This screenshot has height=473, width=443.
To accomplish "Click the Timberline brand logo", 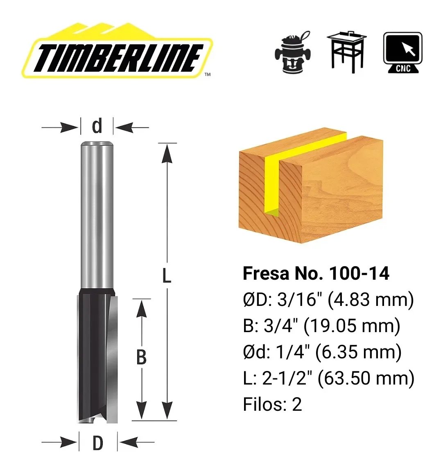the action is (x=117, y=50).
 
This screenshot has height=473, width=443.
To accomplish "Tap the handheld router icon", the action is (x=292, y=52).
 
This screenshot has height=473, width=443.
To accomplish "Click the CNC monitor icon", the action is (x=403, y=53).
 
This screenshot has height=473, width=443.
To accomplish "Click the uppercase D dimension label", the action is (x=98, y=443).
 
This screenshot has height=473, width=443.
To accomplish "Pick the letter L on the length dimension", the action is (x=167, y=276).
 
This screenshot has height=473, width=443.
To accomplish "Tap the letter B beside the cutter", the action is (x=141, y=357).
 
